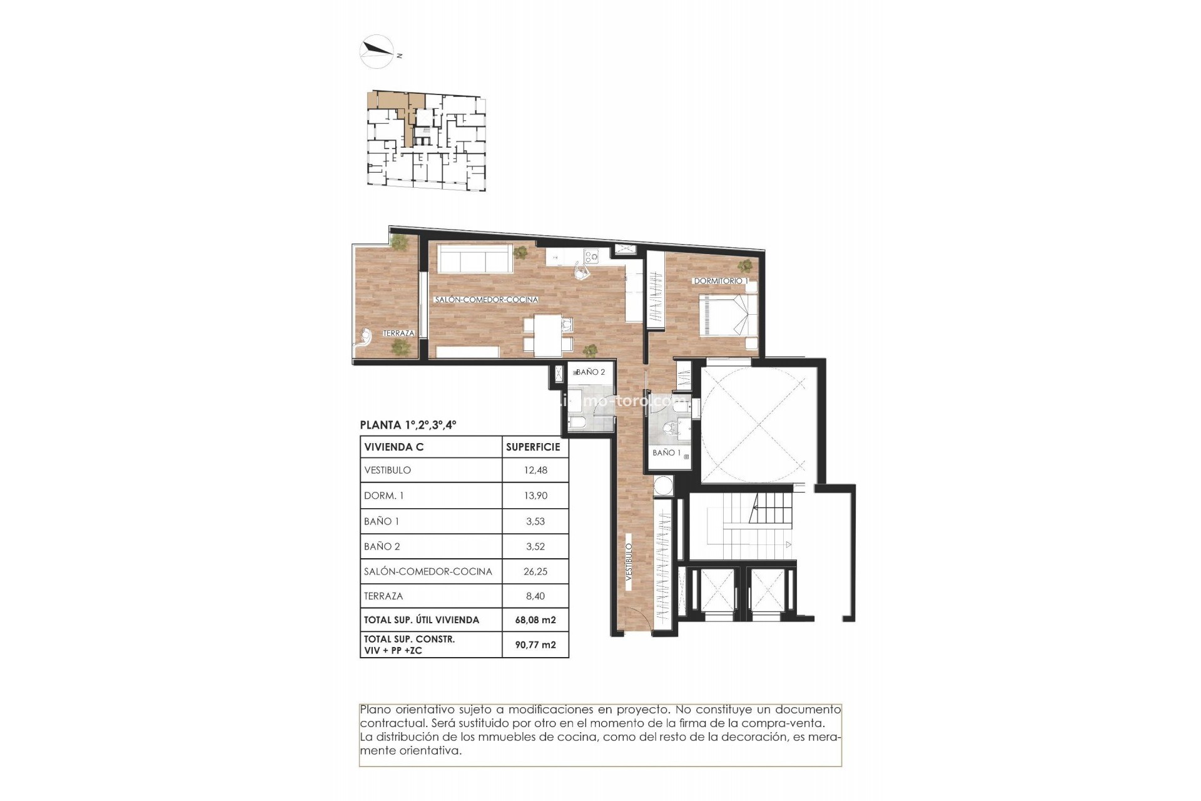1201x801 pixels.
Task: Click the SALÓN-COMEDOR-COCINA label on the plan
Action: [x=486, y=300]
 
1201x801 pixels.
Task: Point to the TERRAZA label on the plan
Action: [x=398, y=333]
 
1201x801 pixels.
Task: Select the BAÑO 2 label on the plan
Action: [x=590, y=372]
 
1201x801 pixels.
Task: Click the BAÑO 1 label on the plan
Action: [x=666, y=452]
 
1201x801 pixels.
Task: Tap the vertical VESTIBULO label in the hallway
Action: [x=629, y=562]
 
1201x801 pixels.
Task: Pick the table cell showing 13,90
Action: [x=535, y=495]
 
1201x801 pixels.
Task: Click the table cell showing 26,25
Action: [x=535, y=571]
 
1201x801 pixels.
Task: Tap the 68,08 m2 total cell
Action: [x=535, y=620]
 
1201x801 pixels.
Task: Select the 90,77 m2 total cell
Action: [x=535, y=645]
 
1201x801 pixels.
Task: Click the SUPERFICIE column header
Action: [x=533, y=447]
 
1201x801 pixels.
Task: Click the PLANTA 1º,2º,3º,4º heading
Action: [x=408, y=425]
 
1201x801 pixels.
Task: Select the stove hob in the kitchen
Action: [x=591, y=255]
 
